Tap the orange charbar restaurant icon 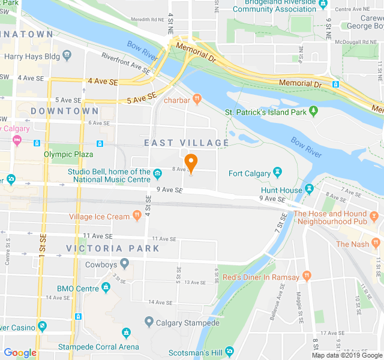[197, 100]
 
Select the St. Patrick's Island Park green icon [313, 112]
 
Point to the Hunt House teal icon [309, 190]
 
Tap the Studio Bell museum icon [157, 175]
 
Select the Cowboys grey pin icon [124, 263]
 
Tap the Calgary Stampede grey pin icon [149, 322]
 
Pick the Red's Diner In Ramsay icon [307, 277]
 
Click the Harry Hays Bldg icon [66, 56]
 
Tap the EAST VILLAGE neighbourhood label [187, 143]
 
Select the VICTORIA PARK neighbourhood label [113, 248]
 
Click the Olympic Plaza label [70, 154]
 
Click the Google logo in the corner [20, 353]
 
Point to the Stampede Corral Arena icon [126, 333]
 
